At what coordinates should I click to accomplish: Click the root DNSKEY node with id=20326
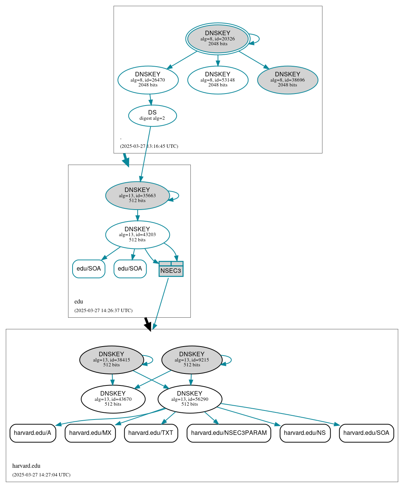218,39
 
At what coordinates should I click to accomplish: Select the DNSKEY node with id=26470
148,80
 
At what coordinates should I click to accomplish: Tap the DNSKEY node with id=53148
218,80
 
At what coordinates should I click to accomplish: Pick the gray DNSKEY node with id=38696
287,80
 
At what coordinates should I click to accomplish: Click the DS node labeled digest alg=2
152,116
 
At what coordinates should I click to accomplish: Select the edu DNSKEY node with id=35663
137,195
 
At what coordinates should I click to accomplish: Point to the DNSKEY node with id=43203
137,235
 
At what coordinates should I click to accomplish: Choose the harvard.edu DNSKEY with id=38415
111,360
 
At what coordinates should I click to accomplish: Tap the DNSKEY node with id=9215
192,360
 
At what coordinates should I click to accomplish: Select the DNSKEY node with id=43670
113,399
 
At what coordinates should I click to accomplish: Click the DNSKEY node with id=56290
190,399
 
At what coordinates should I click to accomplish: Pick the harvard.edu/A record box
33,433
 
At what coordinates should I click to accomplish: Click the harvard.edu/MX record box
90,433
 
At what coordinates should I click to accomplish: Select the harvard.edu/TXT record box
151,433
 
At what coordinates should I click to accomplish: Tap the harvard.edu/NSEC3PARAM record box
229,433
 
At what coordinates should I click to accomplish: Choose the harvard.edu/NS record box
305,433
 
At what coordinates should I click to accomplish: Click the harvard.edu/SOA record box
366,433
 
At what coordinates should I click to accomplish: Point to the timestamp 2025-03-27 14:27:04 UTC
41,475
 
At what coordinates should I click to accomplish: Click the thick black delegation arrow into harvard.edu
147,324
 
